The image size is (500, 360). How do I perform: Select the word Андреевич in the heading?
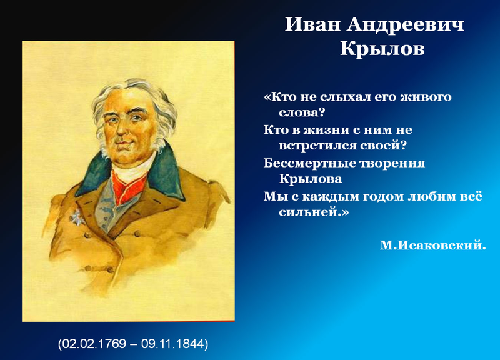point(406,24)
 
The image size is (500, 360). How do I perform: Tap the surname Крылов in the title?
point(382,49)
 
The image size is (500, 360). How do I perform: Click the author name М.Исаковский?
point(433,245)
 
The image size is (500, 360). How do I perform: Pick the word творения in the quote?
point(392,164)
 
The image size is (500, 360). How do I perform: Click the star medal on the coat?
point(76,217)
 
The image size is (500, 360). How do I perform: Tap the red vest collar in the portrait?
point(128,186)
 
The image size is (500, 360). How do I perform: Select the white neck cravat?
point(131,168)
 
